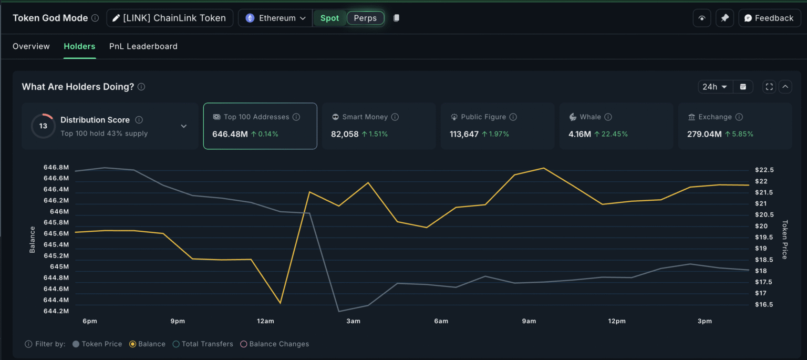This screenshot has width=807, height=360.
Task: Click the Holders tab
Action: [x=79, y=46]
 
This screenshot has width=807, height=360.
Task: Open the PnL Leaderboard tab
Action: [x=143, y=46]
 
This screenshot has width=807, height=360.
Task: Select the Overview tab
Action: [x=31, y=46]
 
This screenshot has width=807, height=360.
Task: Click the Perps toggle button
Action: [x=365, y=18]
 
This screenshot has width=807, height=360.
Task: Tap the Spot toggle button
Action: [x=329, y=18]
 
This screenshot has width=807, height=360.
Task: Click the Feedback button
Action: [x=769, y=18]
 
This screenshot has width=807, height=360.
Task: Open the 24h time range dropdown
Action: [x=715, y=87]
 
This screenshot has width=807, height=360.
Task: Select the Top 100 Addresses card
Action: [x=260, y=126]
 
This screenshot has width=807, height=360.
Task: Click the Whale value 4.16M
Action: [x=580, y=134]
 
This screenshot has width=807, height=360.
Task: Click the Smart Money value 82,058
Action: [x=345, y=134]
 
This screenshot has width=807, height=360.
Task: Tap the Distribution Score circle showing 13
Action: [x=43, y=126]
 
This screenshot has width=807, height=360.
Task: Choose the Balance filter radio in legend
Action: [x=133, y=344]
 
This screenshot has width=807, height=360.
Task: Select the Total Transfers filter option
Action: [x=177, y=344]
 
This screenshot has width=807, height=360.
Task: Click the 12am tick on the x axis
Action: [x=265, y=321]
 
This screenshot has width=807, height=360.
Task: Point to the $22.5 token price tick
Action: [x=764, y=170]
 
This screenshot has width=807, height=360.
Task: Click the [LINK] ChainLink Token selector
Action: [x=169, y=18]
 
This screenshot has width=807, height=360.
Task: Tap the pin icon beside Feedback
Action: [x=725, y=18]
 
